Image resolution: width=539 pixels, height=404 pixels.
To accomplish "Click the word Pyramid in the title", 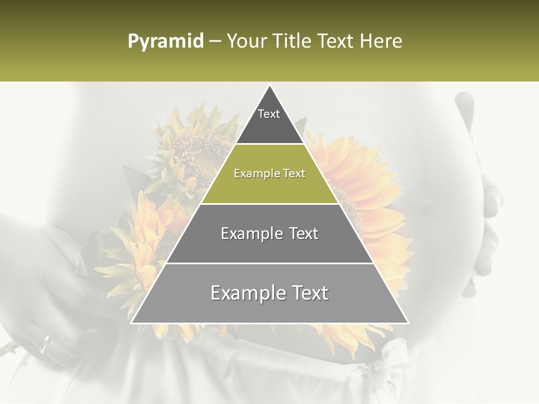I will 165,42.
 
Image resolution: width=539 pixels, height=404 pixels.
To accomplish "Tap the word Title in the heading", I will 294,42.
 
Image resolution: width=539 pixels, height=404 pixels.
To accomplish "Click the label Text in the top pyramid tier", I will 269,114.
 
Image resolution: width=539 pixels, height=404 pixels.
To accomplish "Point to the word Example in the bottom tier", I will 245,293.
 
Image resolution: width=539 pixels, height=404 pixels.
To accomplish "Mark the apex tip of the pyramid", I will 270,86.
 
